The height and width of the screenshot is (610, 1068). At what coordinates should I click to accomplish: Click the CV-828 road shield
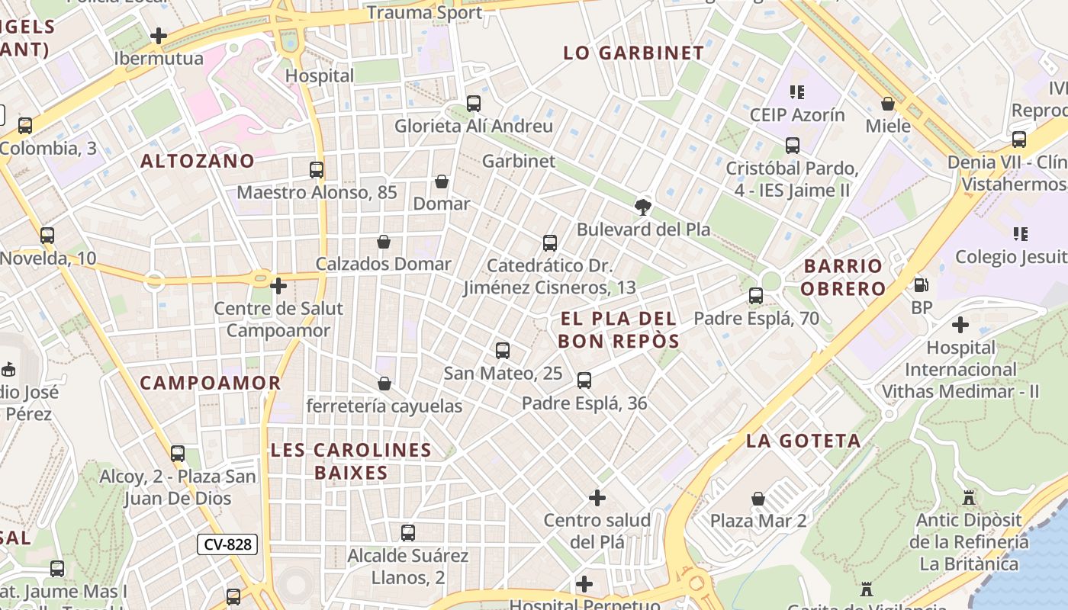(227, 544)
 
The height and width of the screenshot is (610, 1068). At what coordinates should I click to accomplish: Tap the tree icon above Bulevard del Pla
(643, 207)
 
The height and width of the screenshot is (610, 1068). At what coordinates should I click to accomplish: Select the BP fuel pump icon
(922, 285)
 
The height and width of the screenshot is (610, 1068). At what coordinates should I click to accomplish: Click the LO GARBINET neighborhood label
(633, 53)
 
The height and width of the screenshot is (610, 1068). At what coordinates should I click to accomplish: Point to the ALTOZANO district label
(198, 161)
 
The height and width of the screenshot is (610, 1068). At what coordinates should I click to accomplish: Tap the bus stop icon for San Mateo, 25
(502, 351)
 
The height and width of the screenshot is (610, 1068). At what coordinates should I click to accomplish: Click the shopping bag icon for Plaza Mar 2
(758, 499)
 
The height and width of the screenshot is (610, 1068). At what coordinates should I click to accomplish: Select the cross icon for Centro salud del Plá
(597, 498)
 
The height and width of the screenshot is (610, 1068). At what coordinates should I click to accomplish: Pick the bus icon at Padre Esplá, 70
(755, 296)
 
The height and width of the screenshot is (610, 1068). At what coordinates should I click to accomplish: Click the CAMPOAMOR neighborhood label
(211, 383)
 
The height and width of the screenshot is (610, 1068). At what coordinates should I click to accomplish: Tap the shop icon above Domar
(441, 181)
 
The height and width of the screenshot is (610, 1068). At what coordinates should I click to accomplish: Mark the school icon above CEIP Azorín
(797, 92)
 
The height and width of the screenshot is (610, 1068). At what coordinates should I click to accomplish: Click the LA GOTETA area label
(803, 441)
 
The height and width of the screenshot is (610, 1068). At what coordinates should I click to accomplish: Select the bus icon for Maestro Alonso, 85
(317, 170)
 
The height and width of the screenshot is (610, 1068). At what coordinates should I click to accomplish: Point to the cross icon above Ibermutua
(159, 36)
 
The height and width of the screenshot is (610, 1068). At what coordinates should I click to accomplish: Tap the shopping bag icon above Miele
(887, 104)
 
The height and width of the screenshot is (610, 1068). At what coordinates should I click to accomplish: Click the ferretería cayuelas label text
(384, 406)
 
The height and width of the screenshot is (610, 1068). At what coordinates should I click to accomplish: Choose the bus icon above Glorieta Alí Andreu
(473, 104)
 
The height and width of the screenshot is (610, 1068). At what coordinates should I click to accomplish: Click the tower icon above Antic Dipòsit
(969, 498)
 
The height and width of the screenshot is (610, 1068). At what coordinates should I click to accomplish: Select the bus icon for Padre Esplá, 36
(584, 380)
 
